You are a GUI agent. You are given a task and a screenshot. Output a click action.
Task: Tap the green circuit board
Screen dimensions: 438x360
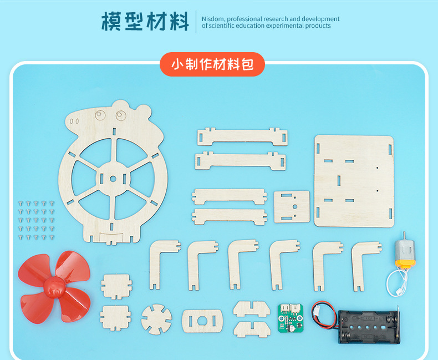291,318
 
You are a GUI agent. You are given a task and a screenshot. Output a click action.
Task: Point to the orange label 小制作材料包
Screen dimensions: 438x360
212,64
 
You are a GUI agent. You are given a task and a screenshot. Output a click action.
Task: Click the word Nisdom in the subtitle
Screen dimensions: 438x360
213,19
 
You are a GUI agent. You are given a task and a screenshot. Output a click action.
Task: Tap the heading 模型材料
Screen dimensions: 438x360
145,21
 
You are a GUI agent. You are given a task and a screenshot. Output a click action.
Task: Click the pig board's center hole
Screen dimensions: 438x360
113,179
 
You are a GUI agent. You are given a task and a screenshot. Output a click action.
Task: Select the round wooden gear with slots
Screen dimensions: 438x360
156,319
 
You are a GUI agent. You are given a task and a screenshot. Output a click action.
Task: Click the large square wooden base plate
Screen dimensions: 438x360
354,181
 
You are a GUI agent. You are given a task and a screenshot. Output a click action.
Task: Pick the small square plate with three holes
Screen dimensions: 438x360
292,206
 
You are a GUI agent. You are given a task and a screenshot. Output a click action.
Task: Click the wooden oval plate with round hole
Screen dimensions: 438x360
202,321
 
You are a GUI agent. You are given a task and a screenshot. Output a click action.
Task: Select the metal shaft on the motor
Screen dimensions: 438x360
404,235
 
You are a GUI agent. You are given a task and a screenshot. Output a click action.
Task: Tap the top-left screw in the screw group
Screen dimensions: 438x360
21,203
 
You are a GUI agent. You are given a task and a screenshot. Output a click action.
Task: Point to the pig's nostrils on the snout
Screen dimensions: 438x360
74,121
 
